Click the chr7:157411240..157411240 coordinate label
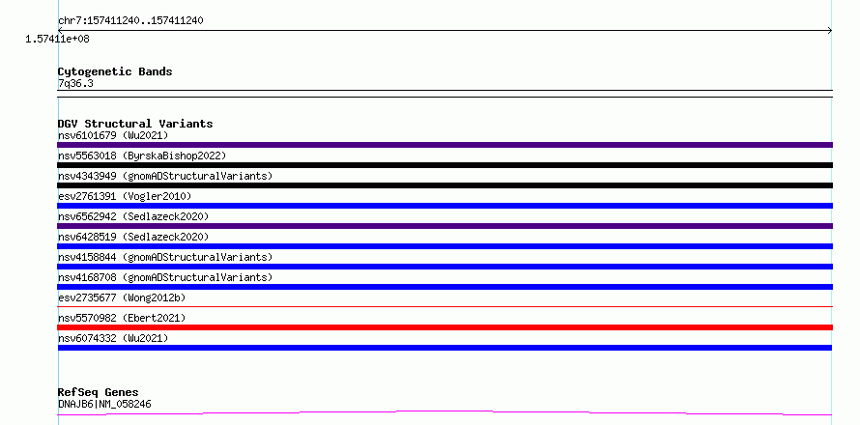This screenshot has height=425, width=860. point(130,21)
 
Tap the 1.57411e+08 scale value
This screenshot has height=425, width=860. point(57,39)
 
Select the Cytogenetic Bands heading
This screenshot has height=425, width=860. point(115,71)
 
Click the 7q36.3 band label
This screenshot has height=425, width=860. point(75,83)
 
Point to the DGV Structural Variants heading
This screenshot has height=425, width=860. point(135,124)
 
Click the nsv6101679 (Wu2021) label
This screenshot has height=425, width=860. point(113,135)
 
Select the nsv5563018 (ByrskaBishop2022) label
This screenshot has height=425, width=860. point(142,156)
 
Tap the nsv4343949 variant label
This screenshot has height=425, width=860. point(165,176)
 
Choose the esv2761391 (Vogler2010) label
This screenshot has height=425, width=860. point(125,196)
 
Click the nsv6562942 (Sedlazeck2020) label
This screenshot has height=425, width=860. point(133,216)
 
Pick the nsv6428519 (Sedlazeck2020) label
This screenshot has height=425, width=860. point(133,237)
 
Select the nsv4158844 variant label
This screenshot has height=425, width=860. point(165,257)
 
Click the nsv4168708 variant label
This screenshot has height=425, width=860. point(165,277)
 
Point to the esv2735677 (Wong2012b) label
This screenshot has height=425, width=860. point(122,297)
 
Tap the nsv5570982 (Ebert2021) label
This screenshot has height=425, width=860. point(122,318)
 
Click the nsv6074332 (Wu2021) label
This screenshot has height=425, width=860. point(113,338)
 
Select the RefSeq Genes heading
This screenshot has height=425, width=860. point(99,393)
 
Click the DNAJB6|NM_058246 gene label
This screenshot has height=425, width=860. point(104,404)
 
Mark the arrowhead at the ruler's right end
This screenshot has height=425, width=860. point(830,31)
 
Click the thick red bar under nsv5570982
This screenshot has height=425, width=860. point(444,327)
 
